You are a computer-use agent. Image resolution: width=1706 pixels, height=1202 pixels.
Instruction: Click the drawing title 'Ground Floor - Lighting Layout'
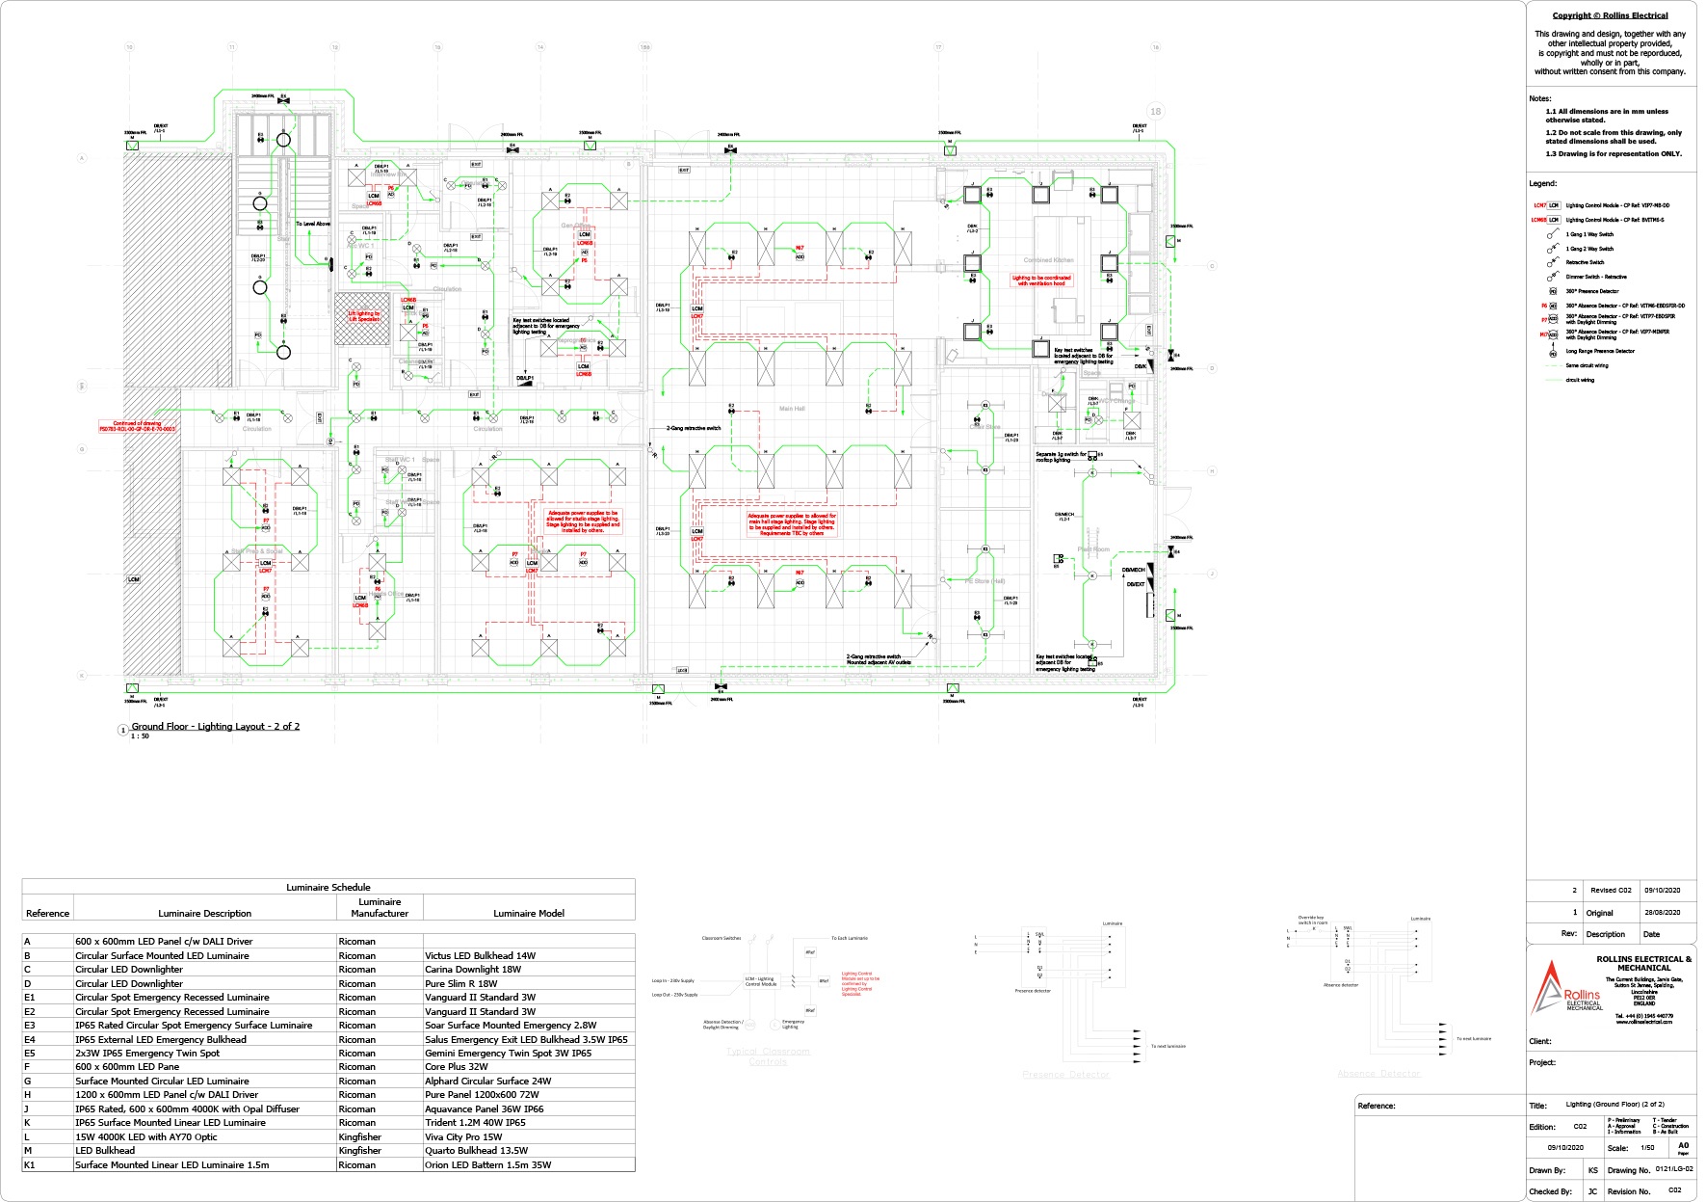pos(215,726)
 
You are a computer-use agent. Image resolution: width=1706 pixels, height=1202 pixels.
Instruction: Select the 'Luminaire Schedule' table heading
pos(328,887)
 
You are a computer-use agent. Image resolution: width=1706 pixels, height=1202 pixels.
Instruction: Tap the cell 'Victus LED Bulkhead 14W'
pos(481,955)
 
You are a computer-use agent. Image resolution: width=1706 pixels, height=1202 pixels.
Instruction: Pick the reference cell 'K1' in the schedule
pos(30,1164)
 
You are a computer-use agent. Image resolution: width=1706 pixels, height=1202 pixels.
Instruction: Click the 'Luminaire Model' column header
pos(529,913)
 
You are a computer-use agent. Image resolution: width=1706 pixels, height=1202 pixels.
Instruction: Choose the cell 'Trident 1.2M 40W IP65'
pos(475,1122)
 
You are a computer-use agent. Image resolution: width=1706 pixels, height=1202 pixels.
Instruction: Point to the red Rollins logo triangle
pos(1547,987)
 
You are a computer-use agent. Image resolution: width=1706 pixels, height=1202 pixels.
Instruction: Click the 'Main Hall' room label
pos(792,409)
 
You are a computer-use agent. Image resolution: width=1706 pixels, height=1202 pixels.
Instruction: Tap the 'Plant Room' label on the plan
pos(1093,549)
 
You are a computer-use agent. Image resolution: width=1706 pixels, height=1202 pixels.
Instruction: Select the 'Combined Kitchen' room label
pos(1048,260)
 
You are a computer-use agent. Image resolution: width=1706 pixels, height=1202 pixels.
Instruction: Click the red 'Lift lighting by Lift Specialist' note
pos(363,316)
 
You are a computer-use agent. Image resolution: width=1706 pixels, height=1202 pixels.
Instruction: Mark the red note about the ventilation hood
pos(1040,280)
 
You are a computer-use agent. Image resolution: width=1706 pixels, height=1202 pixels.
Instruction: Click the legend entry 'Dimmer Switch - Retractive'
pos(1596,277)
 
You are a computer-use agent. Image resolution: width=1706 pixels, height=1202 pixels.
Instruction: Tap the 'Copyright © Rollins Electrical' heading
pos(1610,15)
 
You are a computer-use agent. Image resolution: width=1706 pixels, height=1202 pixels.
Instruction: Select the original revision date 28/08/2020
pos(1662,912)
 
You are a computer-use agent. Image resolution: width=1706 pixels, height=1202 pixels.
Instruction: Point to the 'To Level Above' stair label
pos(313,224)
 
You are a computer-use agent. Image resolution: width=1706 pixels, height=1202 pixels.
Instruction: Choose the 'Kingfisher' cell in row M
pos(360,1150)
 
